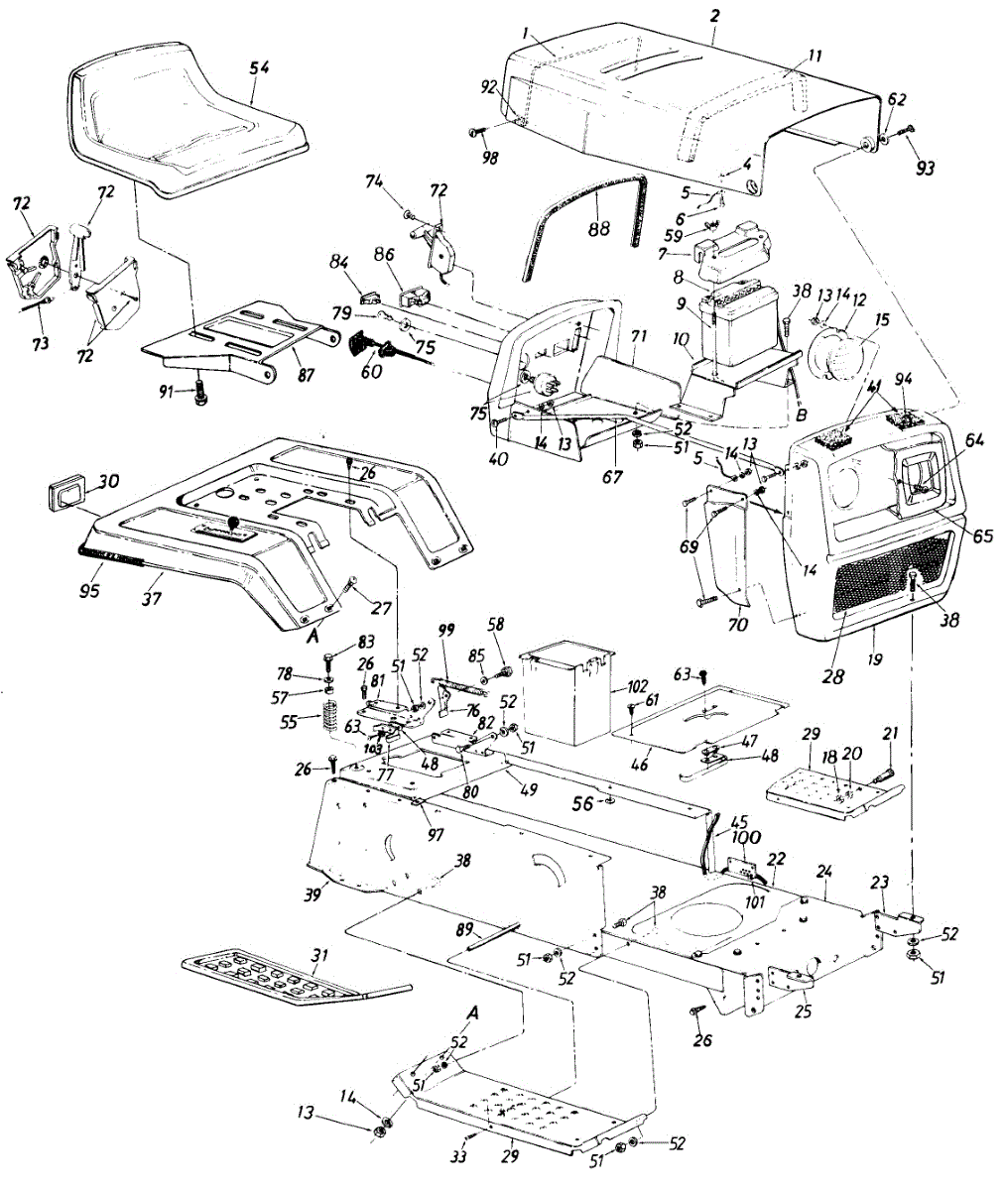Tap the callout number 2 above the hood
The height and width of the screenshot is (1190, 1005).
click(x=715, y=17)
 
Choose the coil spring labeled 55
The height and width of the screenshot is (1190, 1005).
click(x=333, y=716)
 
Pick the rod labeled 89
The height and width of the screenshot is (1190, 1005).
click(x=486, y=935)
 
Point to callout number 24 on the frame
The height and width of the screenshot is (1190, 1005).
click(x=823, y=872)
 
